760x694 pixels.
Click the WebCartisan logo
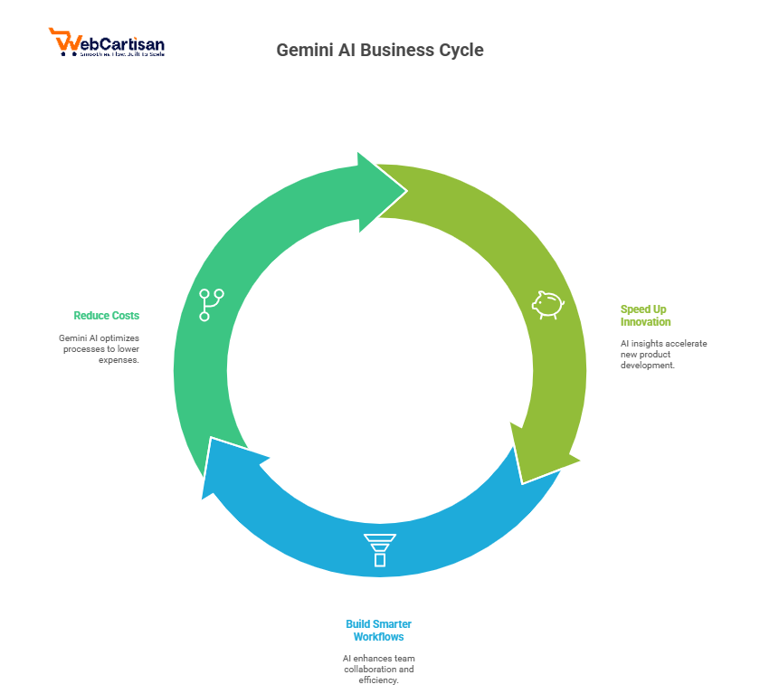106,43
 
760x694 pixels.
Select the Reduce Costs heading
106,316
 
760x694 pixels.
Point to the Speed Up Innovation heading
645,316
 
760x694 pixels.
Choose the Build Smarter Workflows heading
378,631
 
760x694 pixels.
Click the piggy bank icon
547,304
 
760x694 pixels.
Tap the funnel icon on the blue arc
379,549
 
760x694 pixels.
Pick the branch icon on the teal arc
212,304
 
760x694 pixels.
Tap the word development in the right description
647,365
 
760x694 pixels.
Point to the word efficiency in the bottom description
378,680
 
